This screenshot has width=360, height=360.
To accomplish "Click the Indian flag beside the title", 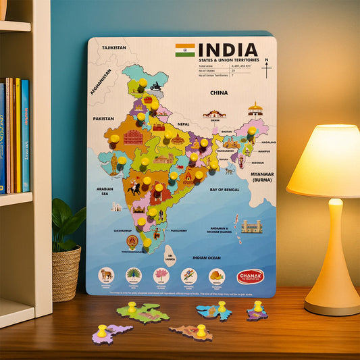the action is [x=184, y=50].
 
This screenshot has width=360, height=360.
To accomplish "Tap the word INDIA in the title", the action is [x=228, y=50].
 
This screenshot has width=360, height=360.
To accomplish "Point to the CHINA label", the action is [x=219, y=93].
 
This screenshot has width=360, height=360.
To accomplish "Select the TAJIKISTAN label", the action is [x=113, y=48].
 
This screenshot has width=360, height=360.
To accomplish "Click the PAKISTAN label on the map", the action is [x=103, y=118].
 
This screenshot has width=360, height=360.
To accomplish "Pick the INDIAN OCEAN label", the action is [x=207, y=257].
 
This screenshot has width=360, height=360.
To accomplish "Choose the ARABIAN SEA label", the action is [x=105, y=192].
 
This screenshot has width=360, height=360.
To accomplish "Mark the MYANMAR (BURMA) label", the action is [x=261, y=176].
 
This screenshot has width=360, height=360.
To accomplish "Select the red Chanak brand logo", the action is [x=250, y=276].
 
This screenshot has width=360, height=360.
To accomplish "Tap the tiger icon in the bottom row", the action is [x=107, y=274].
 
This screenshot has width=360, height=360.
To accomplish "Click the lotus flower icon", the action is [x=161, y=275].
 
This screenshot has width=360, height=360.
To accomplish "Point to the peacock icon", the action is [x=134, y=275].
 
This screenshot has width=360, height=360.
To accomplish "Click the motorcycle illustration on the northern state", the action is [x=155, y=86].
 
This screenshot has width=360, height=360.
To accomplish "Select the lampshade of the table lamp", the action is [x=324, y=161].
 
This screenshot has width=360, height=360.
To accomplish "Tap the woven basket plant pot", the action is [x=66, y=272].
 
